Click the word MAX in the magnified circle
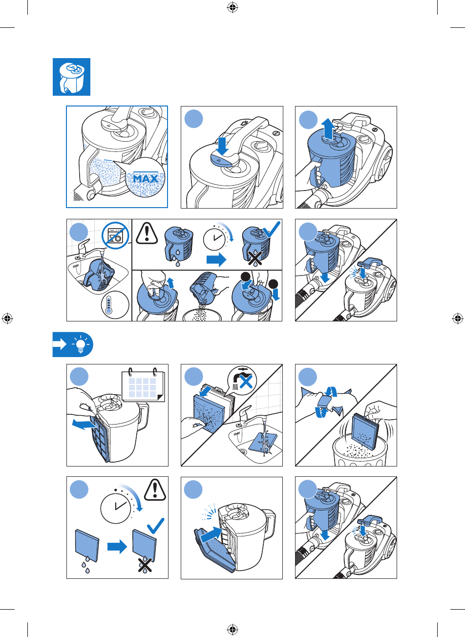point(146,179)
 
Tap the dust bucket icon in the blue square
point(71,77)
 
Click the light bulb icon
point(81,344)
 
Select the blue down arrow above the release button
point(222,146)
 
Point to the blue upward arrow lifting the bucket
point(328,127)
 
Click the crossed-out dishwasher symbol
point(115,235)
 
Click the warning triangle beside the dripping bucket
point(147,233)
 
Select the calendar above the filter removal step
point(143,385)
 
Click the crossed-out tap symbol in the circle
point(242,380)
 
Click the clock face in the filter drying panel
point(115,508)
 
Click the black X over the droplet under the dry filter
point(145,565)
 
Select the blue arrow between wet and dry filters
point(117,546)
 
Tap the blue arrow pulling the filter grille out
point(84,424)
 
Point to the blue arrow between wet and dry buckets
point(216,259)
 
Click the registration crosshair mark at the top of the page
point(232,8)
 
